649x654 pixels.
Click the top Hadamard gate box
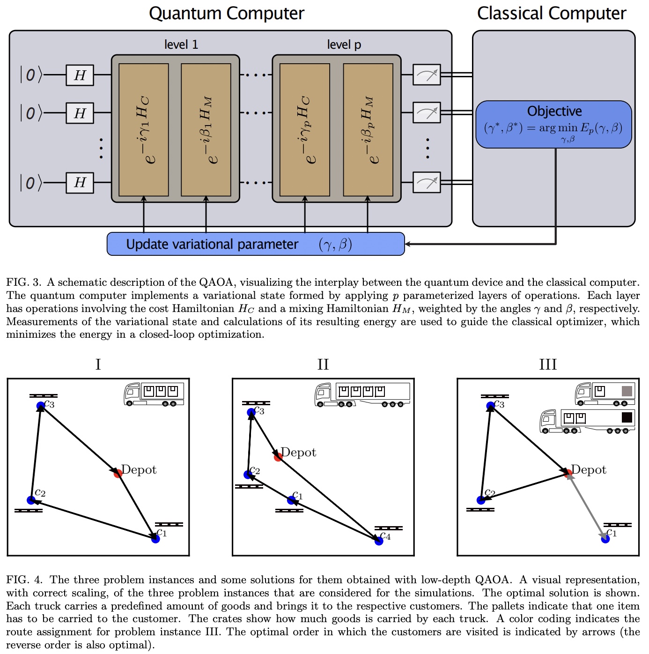tap(80, 75)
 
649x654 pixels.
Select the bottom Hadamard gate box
tap(80, 182)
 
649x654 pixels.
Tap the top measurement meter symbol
tap(427, 75)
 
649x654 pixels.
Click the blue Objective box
tap(553, 124)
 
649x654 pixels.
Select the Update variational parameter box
tap(256, 244)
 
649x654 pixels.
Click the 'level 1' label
tap(181, 45)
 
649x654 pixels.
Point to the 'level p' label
tap(344, 45)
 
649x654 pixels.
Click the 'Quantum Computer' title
tap(226, 13)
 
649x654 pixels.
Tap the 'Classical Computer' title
tap(551, 13)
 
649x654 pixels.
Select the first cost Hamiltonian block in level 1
tap(144, 130)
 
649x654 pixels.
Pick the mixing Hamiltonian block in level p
tap(368, 130)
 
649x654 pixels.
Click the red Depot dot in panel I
tap(118, 474)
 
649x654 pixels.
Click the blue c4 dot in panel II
tap(379, 541)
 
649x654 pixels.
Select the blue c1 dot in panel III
tap(605, 539)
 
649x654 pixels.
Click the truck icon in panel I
tap(154, 394)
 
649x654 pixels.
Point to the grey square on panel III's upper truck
tap(627, 391)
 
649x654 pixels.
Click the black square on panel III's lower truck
tap(627, 417)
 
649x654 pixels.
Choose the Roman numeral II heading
tap(323, 364)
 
